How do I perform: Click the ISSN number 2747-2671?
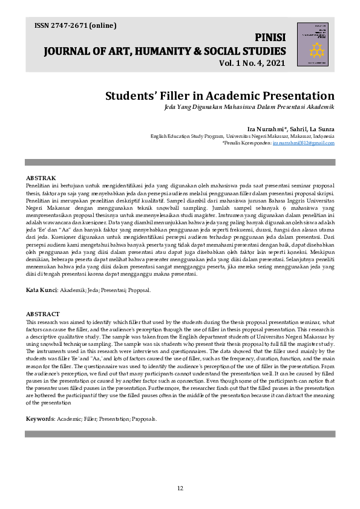pyautogui.click(x=70, y=25)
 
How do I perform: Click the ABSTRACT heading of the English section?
pyautogui.click(x=42, y=314)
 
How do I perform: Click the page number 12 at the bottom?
pyautogui.click(x=180, y=488)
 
